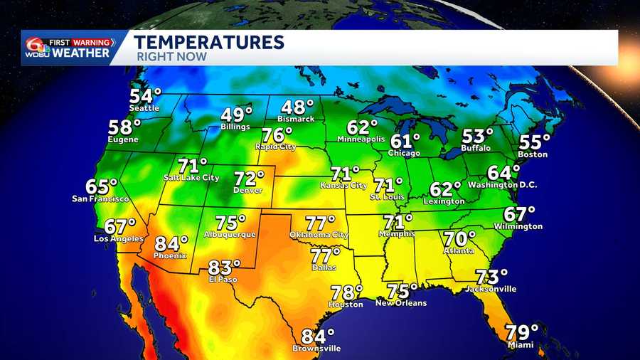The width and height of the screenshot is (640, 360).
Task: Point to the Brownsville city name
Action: click(x=316, y=349)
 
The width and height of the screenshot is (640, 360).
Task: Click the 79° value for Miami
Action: click(x=521, y=332)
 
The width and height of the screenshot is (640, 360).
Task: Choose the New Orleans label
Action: click(x=402, y=303)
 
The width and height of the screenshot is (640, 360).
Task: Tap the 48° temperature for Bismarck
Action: click(x=297, y=107)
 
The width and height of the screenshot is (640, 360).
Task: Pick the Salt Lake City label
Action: click(x=191, y=178)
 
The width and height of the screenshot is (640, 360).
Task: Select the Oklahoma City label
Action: click(x=319, y=235)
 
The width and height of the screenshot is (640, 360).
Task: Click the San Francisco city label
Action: click(x=100, y=198)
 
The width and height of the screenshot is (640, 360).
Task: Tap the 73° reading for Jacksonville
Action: click(x=491, y=277)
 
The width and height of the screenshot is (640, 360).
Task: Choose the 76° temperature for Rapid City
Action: click(x=277, y=135)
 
